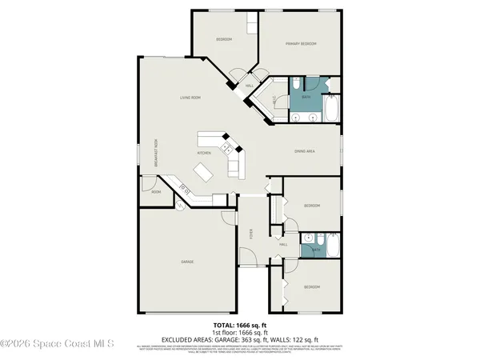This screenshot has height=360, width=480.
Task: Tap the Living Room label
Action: tap(190, 98)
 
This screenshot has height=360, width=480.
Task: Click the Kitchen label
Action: tap(205, 152)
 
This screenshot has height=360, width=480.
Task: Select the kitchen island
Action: tap(205, 170)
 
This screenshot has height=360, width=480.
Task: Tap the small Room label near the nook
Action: tap(156, 191)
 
